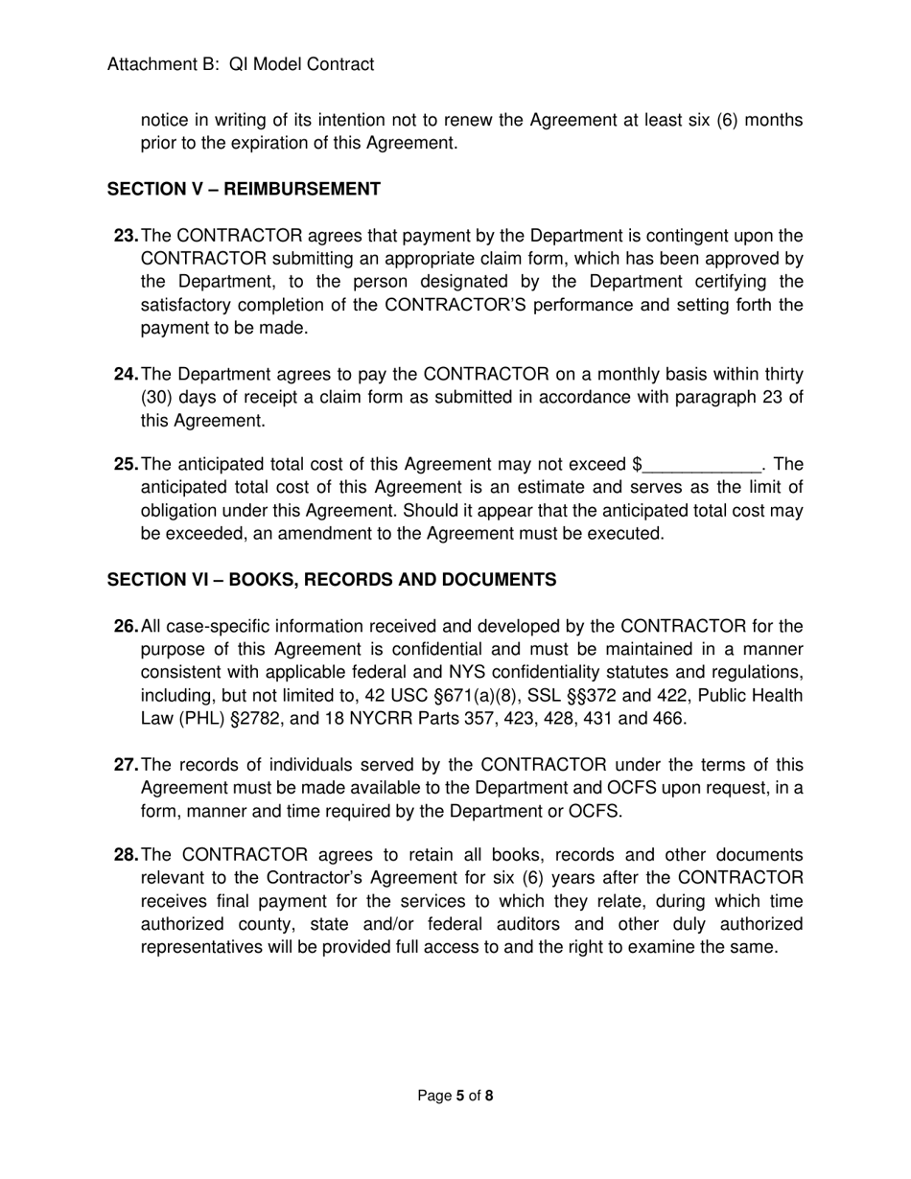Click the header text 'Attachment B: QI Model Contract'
click(x=241, y=64)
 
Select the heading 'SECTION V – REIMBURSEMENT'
click(x=244, y=189)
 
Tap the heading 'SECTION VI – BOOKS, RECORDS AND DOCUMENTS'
click(x=331, y=580)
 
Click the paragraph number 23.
click(x=126, y=236)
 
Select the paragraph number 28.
click(x=126, y=855)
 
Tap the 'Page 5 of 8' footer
click(x=455, y=1096)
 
